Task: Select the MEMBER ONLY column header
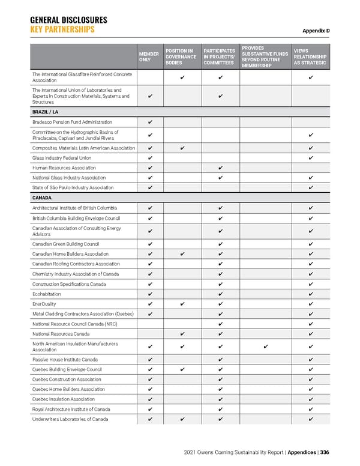[149, 56]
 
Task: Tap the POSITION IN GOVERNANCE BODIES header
[181, 56]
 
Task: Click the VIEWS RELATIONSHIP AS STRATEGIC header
[310, 56]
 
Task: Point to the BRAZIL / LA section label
[46, 112]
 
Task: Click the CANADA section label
[43, 198]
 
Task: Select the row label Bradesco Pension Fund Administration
[72, 123]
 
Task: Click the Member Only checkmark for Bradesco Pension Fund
[149, 123]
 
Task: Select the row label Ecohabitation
[47, 294]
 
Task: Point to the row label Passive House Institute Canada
[65, 360]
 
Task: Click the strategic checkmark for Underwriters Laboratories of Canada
[310, 419]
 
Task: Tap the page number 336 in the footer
[325, 452]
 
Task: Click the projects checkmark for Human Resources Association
[220, 168]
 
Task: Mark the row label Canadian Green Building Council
[66, 244]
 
